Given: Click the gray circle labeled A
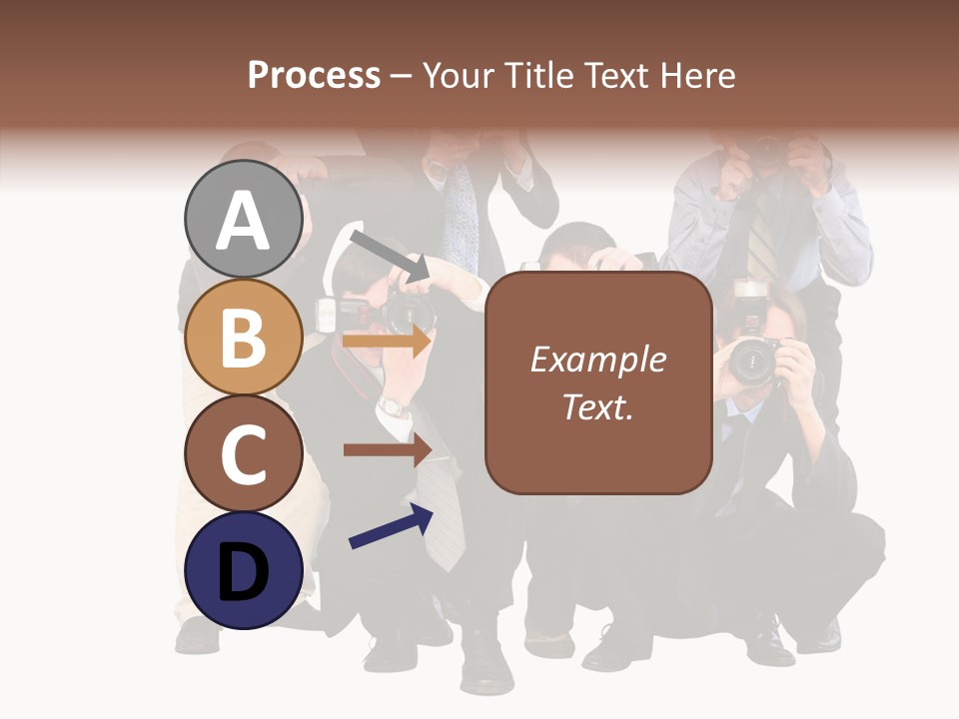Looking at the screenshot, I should point(243,220).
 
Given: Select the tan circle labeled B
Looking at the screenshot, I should point(243,338).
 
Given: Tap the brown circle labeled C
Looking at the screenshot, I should point(243,454).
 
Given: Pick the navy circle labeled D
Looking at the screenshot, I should point(243,571).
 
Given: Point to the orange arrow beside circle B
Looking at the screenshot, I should point(387,342).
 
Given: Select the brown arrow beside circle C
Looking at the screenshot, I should point(387,449).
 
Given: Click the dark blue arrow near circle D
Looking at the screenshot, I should point(391,527).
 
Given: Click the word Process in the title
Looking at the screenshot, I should point(314,75).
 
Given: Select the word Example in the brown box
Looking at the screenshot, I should point(597,359).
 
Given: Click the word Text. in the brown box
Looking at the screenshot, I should point(597,407).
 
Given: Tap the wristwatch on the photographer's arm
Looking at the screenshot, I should point(394,406).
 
